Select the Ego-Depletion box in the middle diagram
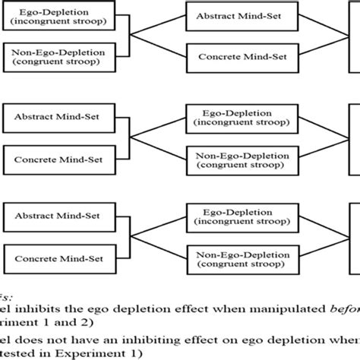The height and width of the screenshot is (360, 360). [236, 118]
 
